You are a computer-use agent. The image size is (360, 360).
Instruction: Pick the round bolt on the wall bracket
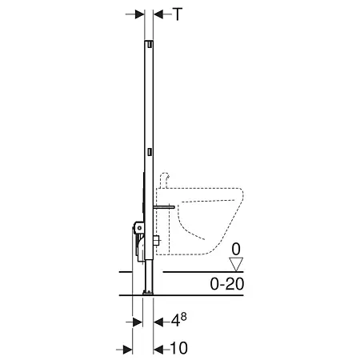141,228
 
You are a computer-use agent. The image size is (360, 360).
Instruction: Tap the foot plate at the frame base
149,293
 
